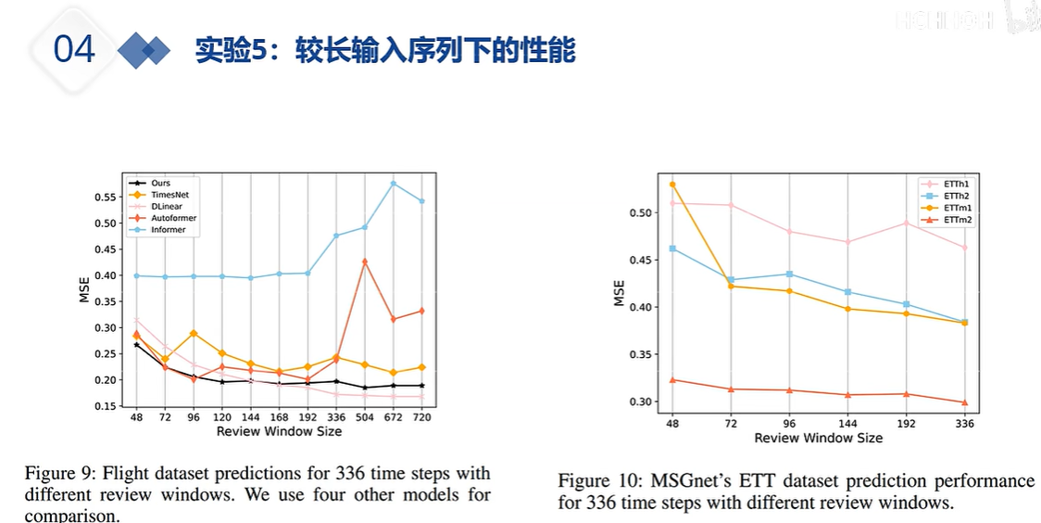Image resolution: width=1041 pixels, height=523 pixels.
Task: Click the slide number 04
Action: coord(74,48)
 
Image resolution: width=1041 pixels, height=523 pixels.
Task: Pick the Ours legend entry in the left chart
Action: coord(159,184)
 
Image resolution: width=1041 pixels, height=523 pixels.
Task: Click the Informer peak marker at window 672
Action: coord(394,184)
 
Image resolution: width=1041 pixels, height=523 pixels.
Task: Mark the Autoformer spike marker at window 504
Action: coord(365,261)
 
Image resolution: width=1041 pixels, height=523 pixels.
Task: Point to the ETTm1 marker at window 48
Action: coord(672,185)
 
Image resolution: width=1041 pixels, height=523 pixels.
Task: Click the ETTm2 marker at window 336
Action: coord(964,402)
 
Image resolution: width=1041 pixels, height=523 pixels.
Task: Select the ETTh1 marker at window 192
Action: coord(906,223)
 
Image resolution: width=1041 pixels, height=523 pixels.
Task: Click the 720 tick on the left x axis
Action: coord(422,418)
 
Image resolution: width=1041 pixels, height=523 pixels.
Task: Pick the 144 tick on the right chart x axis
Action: coord(847,423)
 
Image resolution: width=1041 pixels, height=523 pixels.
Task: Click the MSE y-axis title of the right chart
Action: coord(619,293)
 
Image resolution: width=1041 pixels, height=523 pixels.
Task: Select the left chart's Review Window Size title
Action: coord(279,431)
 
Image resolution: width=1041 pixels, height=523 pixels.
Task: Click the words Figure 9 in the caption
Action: coord(56,474)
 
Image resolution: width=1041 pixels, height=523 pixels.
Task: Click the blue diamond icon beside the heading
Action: coord(144,50)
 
